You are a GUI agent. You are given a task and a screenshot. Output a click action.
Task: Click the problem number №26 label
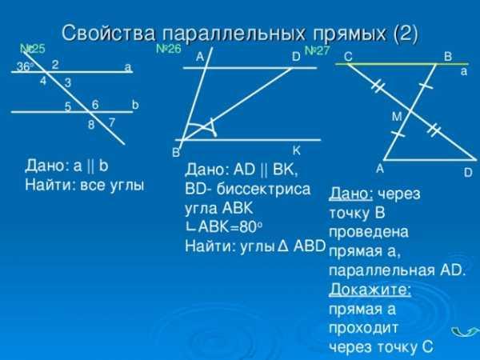coord(168,49)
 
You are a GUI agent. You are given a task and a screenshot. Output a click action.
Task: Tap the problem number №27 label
coord(317,50)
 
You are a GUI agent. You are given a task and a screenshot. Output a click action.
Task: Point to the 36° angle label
coord(25,66)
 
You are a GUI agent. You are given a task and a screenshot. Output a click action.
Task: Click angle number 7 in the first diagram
coord(112,122)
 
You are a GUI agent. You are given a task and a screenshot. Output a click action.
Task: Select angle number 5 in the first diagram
coord(68,106)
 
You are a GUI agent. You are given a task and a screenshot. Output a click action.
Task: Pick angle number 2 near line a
coord(55,65)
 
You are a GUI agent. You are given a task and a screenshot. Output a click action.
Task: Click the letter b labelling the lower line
coord(135,105)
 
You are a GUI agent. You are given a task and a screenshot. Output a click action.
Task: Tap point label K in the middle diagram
coord(296,150)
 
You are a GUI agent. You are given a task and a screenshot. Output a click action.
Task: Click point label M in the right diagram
coord(397,117)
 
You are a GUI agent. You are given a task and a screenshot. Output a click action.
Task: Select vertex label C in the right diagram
coord(348,57)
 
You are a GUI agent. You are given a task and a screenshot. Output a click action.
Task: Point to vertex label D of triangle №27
coord(468,173)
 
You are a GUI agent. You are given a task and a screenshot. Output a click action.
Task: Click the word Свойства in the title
coord(109,33)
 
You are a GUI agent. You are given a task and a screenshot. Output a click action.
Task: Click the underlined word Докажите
coord(370,290)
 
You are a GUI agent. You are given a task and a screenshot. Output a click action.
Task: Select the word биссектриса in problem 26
coord(263,189)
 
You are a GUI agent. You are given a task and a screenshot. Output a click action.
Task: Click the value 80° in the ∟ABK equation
coord(251,227)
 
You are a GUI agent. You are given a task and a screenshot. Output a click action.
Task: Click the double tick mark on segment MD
coord(434,130)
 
